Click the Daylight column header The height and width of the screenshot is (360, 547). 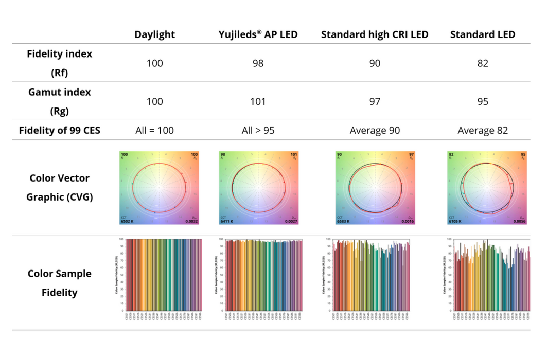tap(154, 34)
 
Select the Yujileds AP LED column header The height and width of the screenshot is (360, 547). tap(258, 34)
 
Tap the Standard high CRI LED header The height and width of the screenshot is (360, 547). tap(375, 34)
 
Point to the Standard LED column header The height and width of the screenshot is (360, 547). tap(482, 34)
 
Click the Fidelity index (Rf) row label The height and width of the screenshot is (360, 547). tap(59, 63)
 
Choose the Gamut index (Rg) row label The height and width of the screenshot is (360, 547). tap(59, 101)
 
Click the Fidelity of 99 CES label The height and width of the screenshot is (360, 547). tap(59, 130)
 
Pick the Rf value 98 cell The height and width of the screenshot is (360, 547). tap(258, 63)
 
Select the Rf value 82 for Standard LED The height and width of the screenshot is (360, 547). tap(482, 63)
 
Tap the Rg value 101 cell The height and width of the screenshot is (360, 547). tap(258, 102)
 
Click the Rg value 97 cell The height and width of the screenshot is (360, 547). tap(375, 102)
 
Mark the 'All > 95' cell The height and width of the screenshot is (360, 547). tap(258, 131)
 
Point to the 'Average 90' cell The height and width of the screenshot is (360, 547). tap(375, 131)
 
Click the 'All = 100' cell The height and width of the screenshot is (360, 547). tap(154, 131)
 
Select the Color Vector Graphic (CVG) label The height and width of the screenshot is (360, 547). tap(59, 187)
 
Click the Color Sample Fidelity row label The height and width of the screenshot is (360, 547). tap(59, 283)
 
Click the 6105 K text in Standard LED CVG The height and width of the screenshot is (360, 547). tap(455, 222)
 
